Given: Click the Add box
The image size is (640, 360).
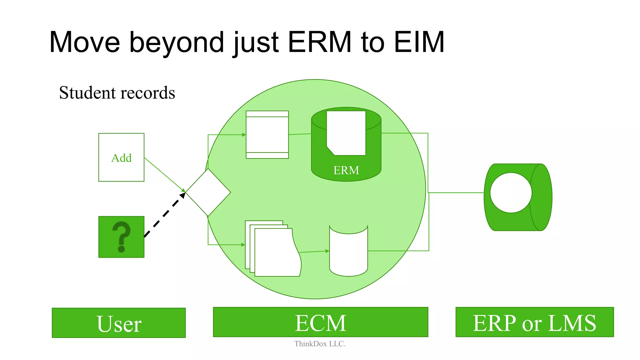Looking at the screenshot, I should pyautogui.click(x=121, y=157).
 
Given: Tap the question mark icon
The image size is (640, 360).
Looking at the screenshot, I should pyautogui.click(x=121, y=237).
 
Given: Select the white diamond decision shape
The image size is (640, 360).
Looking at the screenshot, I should pyautogui.click(x=208, y=192).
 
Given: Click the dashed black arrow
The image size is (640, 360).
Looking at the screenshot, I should pyautogui.click(x=164, y=215).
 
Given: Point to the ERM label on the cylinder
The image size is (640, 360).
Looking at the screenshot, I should pyautogui.click(x=346, y=170).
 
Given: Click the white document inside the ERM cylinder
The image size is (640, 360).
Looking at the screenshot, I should pyautogui.click(x=346, y=133).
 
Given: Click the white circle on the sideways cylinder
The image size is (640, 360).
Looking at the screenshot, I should pyautogui.click(x=511, y=193).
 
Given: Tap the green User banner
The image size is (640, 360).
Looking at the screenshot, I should pyautogui.click(x=119, y=323).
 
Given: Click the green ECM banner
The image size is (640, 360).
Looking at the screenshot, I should pyautogui.click(x=320, y=322).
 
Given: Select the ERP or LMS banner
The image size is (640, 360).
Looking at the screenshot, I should pyautogui.click(x=534, y=322).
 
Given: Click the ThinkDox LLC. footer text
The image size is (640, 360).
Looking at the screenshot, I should pyautogui.click(x=320, y=344).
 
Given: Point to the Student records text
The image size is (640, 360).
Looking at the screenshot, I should pyautogui.click(x=117, y=93).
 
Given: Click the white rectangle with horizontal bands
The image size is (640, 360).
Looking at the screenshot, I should pyautogui.click(x=267, y=135).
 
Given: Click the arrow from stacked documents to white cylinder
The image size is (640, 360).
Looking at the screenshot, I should pyautogui.click(x=314, y=251).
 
